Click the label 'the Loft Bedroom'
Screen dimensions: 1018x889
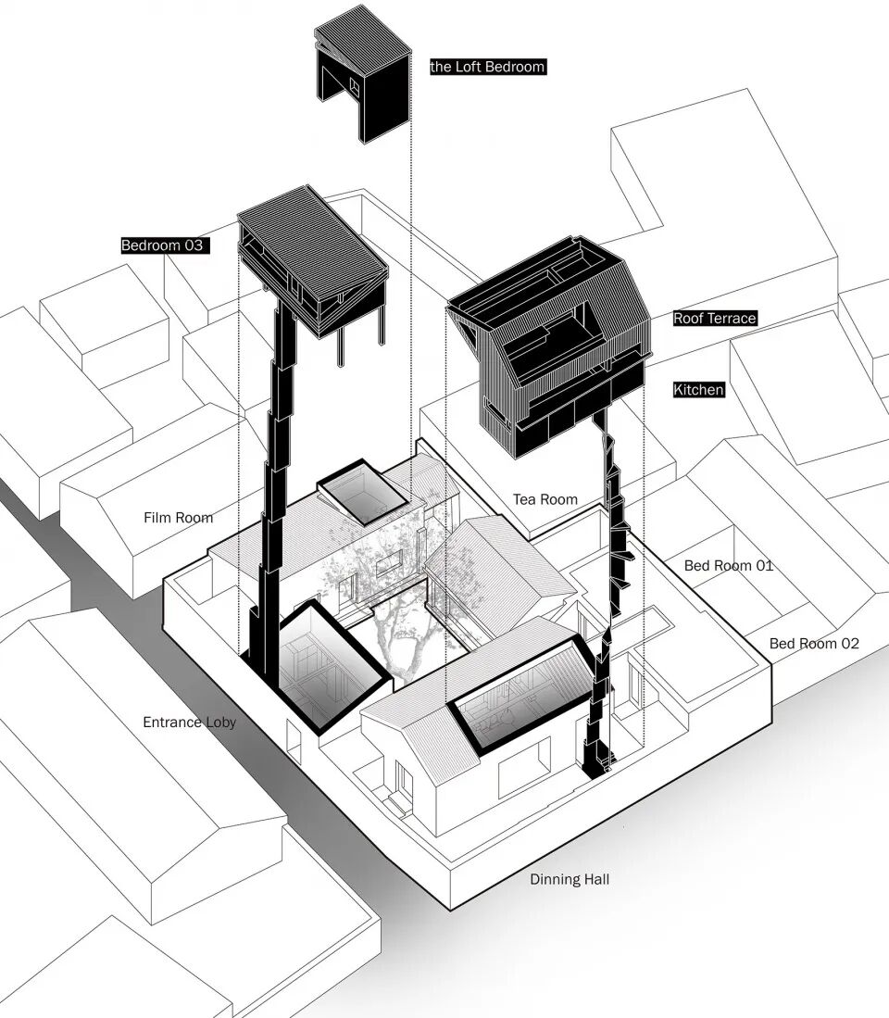(x=487, y=67)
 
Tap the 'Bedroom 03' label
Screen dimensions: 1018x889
(x=161, y=245)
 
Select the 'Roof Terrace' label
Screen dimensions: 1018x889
(x=715, y=318)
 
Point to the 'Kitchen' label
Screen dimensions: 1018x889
(x=698, y=390)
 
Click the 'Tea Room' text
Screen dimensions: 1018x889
(x=545, y=499)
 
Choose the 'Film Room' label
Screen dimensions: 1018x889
(x=179, y=518)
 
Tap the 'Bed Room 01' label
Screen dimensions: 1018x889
(x=728, y=565)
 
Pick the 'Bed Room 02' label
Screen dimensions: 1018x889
(x=814, y=643)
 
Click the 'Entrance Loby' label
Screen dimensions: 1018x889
(x=189, y=722)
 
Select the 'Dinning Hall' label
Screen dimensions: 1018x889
(x=569, y=879)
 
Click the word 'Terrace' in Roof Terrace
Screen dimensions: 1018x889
(x=732, y=318)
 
